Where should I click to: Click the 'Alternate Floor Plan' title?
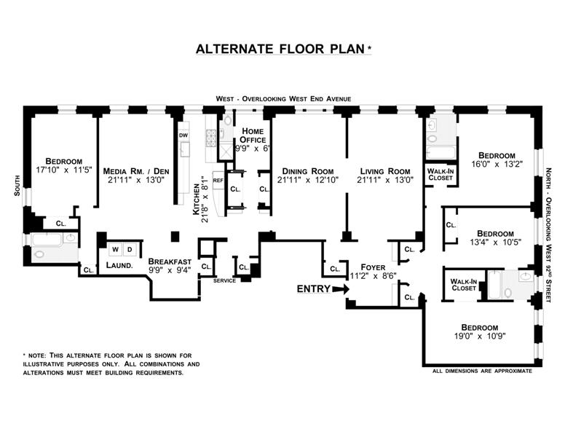pos(282,50)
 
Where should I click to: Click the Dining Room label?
pos(307,172)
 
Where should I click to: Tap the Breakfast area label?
pos(170,261)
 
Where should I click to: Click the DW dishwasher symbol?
pos(183,135)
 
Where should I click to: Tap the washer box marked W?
pos(114,249)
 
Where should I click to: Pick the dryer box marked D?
pos(130,249)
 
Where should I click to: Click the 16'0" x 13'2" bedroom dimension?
pos(497,165)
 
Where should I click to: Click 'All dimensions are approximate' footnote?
pos(482,371)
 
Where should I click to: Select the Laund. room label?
pos(119,266)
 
